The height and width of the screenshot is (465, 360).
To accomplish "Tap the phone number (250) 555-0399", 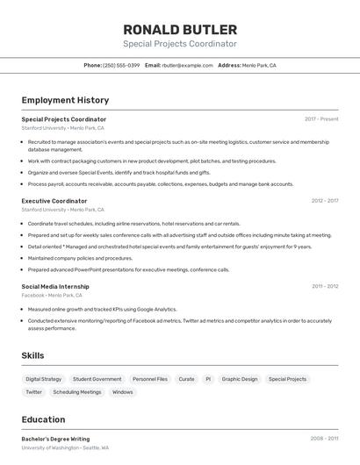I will click(121, 65).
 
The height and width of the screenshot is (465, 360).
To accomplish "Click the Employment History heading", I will click(65, 100).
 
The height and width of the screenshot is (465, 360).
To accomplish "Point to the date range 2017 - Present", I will click(321, 118).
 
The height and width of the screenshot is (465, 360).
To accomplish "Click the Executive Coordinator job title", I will click(54, 201).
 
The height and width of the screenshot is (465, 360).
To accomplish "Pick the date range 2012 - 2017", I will click(325, 201).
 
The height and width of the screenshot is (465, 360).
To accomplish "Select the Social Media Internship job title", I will click(55, 286).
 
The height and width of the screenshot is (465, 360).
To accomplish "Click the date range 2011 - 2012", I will click(325, 286).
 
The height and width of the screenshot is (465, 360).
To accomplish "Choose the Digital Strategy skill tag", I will click(44, 379).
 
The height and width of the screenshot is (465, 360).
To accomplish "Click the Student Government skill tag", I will click(97, 379).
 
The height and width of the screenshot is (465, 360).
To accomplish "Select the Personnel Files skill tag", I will click(150, 379).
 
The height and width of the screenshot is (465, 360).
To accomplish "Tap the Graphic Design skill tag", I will click(240, 379).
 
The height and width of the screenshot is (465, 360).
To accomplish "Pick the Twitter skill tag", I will click(34, 392).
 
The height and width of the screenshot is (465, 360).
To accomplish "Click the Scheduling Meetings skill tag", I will click(77, 392).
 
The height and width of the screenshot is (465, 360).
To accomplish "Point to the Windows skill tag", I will click(123, 392).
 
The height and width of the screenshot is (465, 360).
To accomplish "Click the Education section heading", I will click(43, 419).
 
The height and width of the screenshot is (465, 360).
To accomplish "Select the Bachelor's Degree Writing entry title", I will click(55, 439).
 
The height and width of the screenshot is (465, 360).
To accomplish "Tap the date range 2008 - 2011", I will click(324, 438).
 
